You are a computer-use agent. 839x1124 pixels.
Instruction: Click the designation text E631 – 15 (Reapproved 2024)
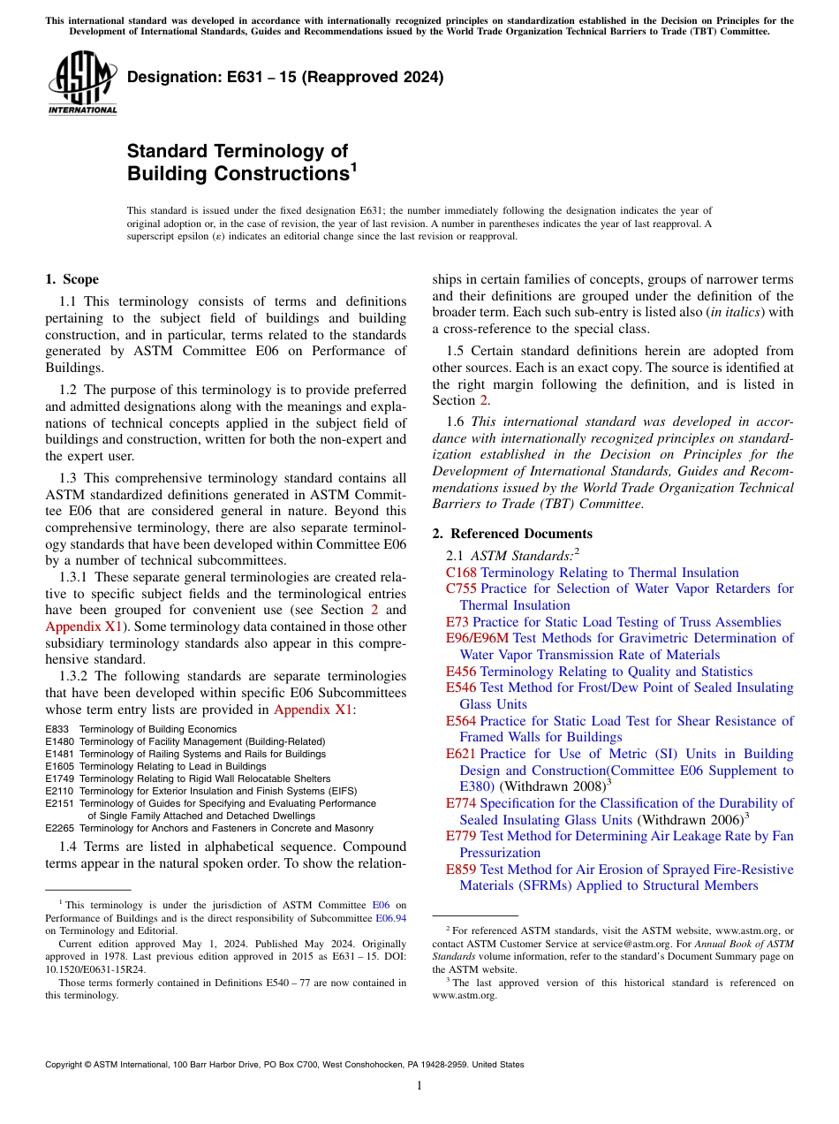[285, 77]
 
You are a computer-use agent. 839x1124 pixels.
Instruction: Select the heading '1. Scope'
[72, 279]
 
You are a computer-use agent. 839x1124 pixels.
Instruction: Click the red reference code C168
[461, 573]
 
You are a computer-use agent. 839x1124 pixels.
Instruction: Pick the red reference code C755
[461, 589]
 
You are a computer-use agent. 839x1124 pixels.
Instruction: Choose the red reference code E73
[457, 622]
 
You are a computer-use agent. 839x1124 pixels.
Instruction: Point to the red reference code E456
[461, 672]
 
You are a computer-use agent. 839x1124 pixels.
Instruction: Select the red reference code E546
[461, 687]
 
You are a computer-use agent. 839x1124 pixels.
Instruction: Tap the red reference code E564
[461, 721]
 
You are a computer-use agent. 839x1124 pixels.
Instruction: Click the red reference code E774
[461, 803]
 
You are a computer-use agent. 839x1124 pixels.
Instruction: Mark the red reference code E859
[461, 870]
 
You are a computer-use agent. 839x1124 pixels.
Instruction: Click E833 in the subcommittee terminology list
[57, 729]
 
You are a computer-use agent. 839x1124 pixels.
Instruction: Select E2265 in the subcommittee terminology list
[59, 828]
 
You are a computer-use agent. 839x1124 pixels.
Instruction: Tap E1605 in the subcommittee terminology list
[59, 766]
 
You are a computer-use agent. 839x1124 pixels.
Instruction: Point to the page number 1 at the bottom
[419, 1086]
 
